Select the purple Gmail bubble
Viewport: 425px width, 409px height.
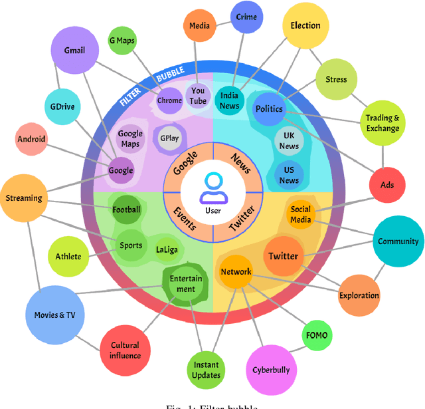pos(75,51)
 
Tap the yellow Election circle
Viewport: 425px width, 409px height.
pos(305,27)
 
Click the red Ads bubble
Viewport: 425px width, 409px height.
pos(386,184)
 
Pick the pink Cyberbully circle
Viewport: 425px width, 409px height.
pos(271,370)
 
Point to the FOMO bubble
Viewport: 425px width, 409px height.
pos(315,335)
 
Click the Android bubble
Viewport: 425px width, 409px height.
pos(32,140)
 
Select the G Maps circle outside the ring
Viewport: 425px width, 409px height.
pos(122,41)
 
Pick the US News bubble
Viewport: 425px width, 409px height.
pos(289,175)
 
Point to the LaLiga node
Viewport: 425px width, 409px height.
pos(167,249)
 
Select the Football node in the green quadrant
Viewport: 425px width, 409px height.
pos(126,210)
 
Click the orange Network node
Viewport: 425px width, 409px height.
pos(236,272)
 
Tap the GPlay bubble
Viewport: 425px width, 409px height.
pos(169,139)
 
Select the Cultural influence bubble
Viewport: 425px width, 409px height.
pos(125,350)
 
